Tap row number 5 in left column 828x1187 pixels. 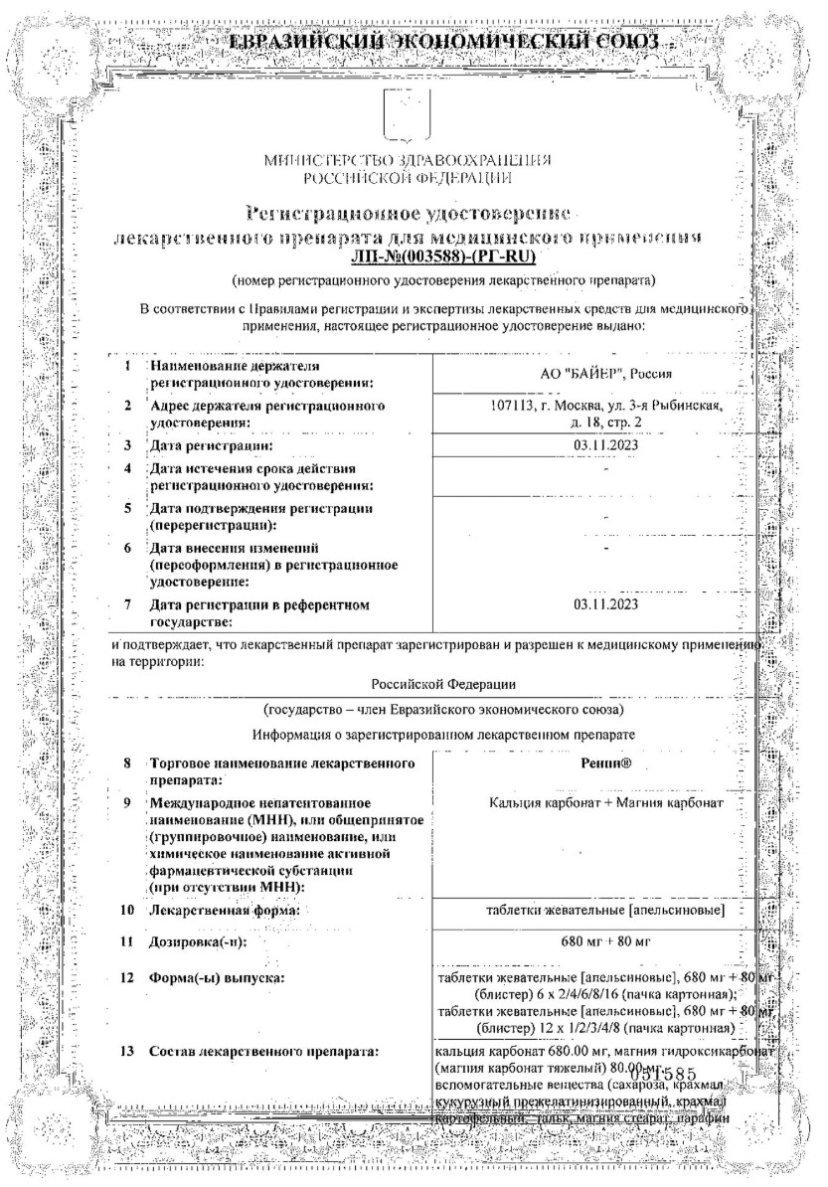[x=127, y=508]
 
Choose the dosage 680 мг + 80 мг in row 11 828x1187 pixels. [x=605, y=939]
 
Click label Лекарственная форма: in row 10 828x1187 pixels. [x=225, y=910]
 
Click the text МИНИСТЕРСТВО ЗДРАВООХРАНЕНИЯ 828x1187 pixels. [x=410, y=161]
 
